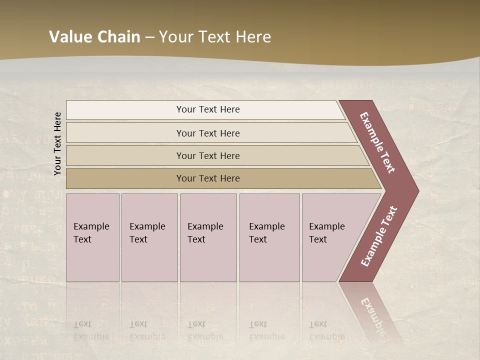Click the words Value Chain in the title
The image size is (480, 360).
(x=94, y=37)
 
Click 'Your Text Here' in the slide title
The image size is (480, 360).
(x=215, y=37)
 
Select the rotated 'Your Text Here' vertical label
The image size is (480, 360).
(x=57, y=143)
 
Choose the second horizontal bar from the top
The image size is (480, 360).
(x=207, y=133)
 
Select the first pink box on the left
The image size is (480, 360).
(x=92, y=237)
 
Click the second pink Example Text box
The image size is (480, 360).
(x=149, y=237)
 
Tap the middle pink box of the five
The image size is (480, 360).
(x=208, y=237)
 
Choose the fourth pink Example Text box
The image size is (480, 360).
(x=269, y=237)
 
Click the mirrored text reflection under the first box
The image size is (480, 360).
(x=91, y=330)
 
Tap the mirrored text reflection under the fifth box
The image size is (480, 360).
(x=326, y=330)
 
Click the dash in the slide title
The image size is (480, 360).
(x=149, y=37)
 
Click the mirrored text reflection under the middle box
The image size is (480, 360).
(x=205, y=330)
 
